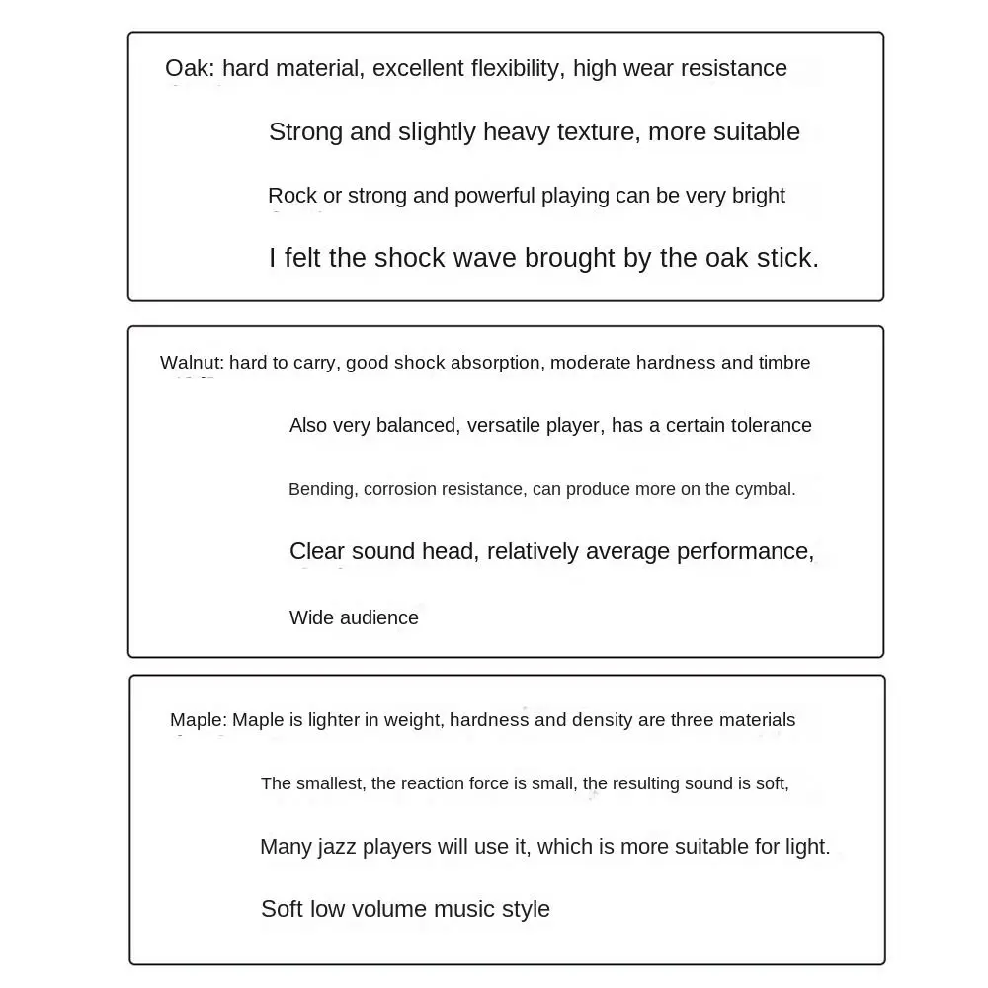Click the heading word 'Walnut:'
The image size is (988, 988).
pos(192,363)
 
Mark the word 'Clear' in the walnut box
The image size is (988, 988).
pos(317,551)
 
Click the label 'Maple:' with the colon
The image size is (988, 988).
pos(198,720)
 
